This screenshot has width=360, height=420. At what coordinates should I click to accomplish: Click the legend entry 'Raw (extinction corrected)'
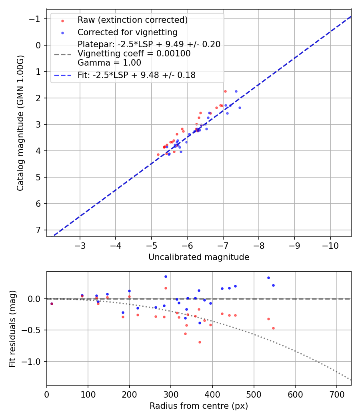pos(132,20)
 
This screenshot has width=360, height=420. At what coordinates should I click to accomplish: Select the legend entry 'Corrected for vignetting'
pos(127,32)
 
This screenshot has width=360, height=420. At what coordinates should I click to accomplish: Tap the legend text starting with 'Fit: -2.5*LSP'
pos(136,75)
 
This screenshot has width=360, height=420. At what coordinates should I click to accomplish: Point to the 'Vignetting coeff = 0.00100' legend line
pos(134,54)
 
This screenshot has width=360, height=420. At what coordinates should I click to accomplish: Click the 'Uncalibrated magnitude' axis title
pos(199,257)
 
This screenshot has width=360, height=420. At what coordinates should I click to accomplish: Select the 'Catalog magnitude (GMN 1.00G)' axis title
pos(20,123)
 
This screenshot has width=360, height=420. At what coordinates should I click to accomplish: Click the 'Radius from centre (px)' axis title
pos(199,406)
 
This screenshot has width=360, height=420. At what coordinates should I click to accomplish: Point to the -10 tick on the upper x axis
pos(330,245)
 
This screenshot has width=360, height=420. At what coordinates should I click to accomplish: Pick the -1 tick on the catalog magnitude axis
pos(36,19)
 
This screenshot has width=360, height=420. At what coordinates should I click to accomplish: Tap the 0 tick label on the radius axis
pos(47,394)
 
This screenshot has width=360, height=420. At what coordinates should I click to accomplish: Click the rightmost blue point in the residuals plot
pos(273,285)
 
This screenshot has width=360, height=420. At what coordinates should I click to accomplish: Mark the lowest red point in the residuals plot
pos(200,342)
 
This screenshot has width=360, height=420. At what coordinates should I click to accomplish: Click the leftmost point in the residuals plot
pos(52,304)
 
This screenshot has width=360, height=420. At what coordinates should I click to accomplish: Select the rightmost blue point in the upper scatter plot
pos(240,108)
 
